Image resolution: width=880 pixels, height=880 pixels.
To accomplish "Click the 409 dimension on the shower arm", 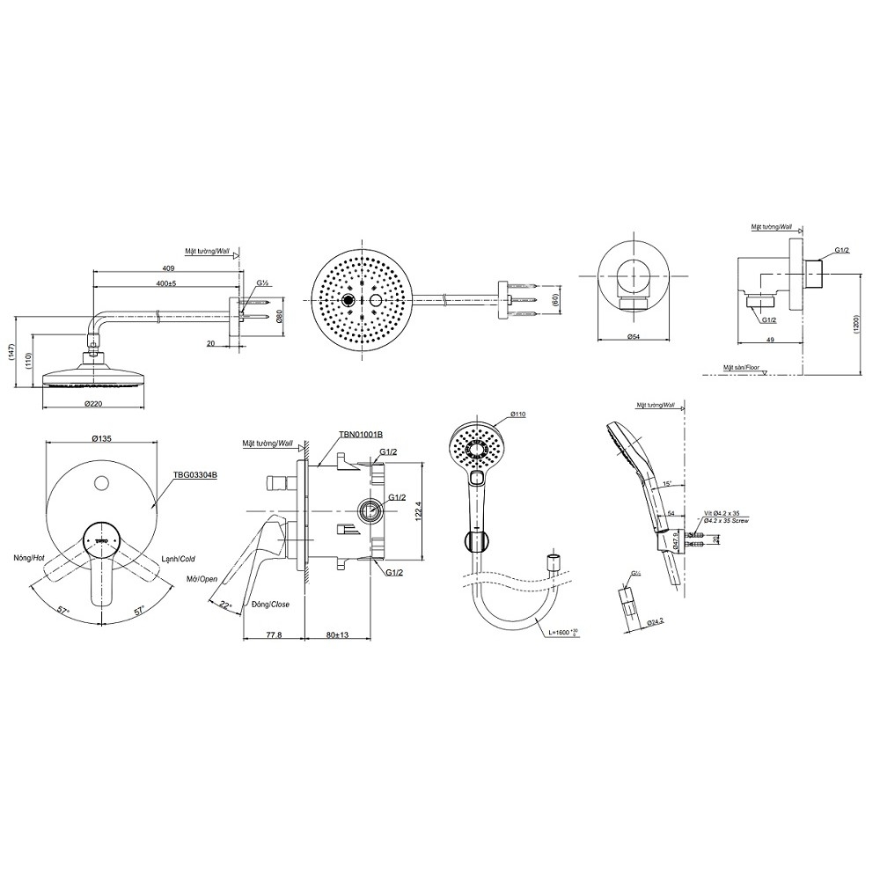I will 168,268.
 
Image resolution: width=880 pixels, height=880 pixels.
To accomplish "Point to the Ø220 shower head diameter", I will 96,404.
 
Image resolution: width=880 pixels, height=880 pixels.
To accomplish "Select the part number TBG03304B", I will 194,474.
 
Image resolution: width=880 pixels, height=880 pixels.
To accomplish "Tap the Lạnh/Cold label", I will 179,558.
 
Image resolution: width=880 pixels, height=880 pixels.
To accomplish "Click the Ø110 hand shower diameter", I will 517,414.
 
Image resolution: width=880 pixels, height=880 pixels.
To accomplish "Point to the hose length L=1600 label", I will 563,632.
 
